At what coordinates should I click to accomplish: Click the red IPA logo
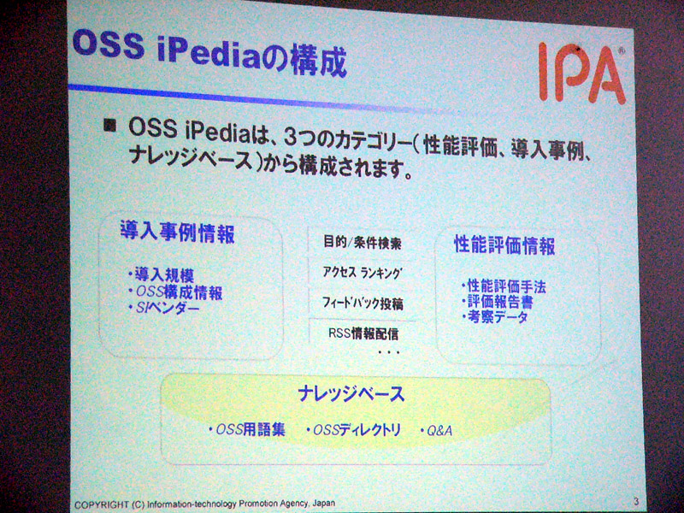tap(581, 73)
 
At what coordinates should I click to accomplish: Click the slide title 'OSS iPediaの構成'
tap(209, 55)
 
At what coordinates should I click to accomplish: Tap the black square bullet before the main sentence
tap(110, 126)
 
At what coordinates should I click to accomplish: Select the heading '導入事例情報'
tap(178, 233)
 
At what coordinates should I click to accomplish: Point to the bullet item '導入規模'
tap(162, 274)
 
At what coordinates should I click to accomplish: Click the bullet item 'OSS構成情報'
tap(176, 292)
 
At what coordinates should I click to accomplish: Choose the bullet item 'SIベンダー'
tap(164, 308)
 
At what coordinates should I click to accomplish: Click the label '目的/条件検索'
tap(362, 243)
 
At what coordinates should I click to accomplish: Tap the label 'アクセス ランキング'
tap(362, 273)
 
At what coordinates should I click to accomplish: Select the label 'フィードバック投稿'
tap(363, 304)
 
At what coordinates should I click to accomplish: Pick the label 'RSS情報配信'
tap(363, 333)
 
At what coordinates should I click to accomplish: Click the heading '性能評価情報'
tap(504, 245)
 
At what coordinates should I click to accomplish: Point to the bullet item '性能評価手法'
tap(504, 286)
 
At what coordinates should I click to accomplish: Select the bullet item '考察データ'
tap(495, 316)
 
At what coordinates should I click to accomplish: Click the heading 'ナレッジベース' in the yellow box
tap(351, 393)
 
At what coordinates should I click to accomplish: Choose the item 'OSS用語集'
tap(247, 430)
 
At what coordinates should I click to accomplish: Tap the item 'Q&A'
tap(436, 431)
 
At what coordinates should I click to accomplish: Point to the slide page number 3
tap(636, 502)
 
